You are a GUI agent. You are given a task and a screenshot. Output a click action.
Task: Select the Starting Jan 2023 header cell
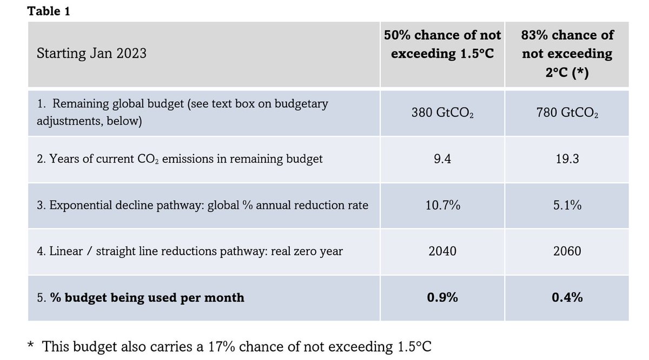91,54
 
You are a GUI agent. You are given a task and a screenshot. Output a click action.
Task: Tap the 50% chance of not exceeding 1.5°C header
442,44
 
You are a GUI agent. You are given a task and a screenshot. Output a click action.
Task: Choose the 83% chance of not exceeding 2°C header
567,54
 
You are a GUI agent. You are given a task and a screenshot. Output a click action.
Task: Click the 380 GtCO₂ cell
442,114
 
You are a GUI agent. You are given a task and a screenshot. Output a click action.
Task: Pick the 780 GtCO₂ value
567,114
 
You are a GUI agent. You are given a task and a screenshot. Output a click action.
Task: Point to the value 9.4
442,159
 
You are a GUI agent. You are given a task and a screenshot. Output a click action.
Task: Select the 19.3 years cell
567,159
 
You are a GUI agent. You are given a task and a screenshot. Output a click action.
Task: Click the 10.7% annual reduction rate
442,205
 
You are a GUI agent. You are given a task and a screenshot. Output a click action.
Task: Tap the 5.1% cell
567,205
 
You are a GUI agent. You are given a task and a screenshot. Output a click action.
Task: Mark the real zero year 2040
442,251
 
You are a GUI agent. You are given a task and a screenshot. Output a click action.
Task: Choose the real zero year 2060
567,251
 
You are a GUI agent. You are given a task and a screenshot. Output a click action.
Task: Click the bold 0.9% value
442,297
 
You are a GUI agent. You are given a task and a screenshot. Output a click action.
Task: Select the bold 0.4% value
567,297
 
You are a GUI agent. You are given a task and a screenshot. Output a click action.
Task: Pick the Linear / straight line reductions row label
189,251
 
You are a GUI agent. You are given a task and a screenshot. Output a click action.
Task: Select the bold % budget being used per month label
141,297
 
